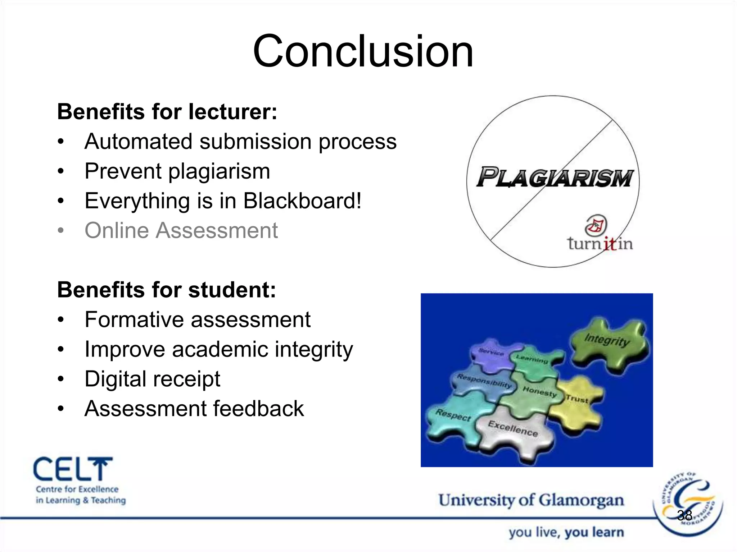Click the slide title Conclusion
pyautogui.click(x=363, y=51)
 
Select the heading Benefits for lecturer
pyautogui.click(x=167, y=111)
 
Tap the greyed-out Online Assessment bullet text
pyautogui.click(x=181, y=230)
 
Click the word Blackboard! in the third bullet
pyautogui.click(x=302, y=201)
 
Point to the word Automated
pyautogui.click(x=138, y=141)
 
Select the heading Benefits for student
pyautogui.click(x=166, y=290)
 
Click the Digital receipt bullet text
pyautogui.click(x=152, y=379)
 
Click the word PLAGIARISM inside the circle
pyautogui.click(x=554, y=178)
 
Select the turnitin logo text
pyautogui.click(x=600, y=244)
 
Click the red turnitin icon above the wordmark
pyautogui.click(x=596, y=225)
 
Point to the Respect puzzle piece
pyautogui.click(x=453, y=417)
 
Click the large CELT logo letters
pyautogui.click(x=73, y=469)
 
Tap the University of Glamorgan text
pyautogui.click(x=531, y=500)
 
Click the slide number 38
pyautogui.click(x=684, y=516)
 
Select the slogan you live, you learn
pyautogui.click(x=566, y=532)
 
